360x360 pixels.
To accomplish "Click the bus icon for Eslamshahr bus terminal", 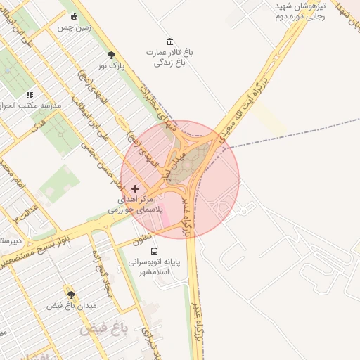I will (x=154, y=250).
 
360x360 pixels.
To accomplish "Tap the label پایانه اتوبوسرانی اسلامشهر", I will (x=154, y=266).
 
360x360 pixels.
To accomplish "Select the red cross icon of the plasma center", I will (x=136, y=188).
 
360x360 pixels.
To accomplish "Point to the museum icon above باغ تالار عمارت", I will (x=169, y=41).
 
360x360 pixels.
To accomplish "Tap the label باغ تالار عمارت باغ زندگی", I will (x=169, y=58).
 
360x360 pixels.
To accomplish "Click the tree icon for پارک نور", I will (x=111, y=54).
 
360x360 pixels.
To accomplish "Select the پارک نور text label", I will (x=110, y=66).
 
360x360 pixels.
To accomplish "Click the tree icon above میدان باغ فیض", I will (x=70, y=294).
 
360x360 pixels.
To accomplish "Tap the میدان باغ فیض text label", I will (x=70, y=306).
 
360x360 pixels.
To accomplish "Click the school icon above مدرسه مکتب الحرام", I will (x=30, y=94).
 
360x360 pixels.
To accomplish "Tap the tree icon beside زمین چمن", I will (x=74, y=15).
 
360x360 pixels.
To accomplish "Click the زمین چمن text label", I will (x=74, y=27).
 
